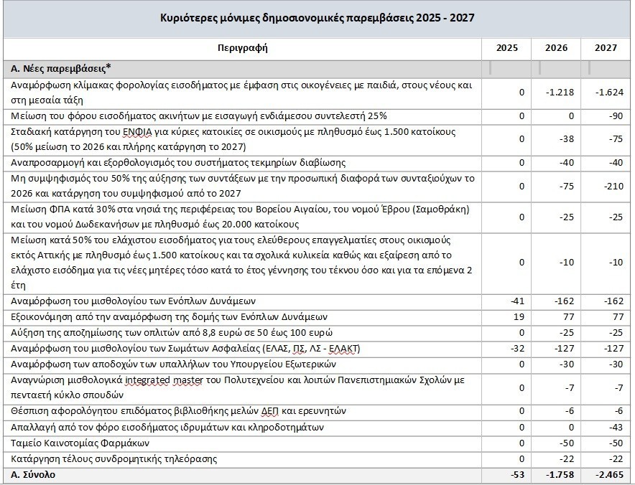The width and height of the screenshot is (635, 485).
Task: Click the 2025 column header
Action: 506,48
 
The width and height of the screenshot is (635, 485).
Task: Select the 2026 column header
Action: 556,48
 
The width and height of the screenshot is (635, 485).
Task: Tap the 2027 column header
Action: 607,48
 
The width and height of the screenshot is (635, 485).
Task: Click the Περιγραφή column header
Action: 241,48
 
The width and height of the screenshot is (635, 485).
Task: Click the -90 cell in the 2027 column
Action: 616,116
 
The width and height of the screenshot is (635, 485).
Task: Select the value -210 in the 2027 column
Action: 613,185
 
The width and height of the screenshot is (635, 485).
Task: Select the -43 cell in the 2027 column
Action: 616,428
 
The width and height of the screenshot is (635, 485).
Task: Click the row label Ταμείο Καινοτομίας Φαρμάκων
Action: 74,443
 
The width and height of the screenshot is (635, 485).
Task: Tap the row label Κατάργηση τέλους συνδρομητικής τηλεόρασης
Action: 114,459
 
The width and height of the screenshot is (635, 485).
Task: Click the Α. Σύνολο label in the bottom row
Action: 34,475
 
